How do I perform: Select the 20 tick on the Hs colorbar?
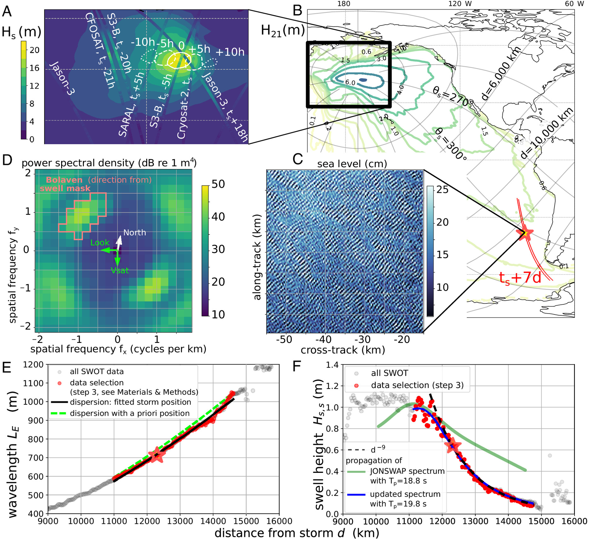[34, 50]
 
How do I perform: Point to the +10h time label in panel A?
[230, 52]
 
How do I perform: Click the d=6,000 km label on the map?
[501, 73]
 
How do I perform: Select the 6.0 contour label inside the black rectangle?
[350, 83]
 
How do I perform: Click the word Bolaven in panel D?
[64, 180]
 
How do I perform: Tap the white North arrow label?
[135, 232]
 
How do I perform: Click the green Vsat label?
[120, 270]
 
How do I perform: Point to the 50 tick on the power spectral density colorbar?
[218, 184]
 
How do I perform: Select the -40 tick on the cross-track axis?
[324, 339]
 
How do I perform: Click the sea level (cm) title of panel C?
[352, 164]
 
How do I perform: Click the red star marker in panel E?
[157, 455]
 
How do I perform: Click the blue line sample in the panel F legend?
[356, 495]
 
